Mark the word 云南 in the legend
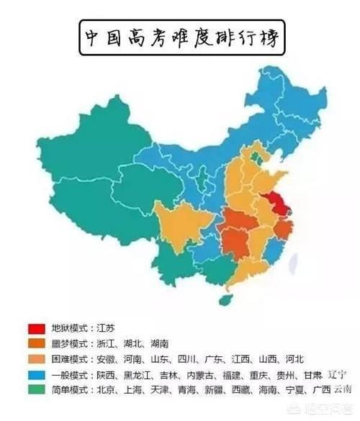pyautogui.click(x=342, y=389)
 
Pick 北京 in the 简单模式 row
pyautogui.click(x=105, y=390)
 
